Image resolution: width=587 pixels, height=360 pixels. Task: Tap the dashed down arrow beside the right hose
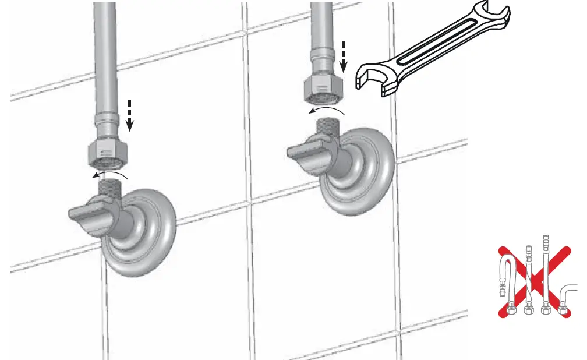click(344, 56)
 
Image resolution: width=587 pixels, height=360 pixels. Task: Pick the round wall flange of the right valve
click(358, 169)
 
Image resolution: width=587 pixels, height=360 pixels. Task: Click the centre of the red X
click(534, 281)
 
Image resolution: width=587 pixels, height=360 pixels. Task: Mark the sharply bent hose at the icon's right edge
click(568, 297)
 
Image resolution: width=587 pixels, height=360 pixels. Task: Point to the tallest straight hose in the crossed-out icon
click(546, 274)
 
